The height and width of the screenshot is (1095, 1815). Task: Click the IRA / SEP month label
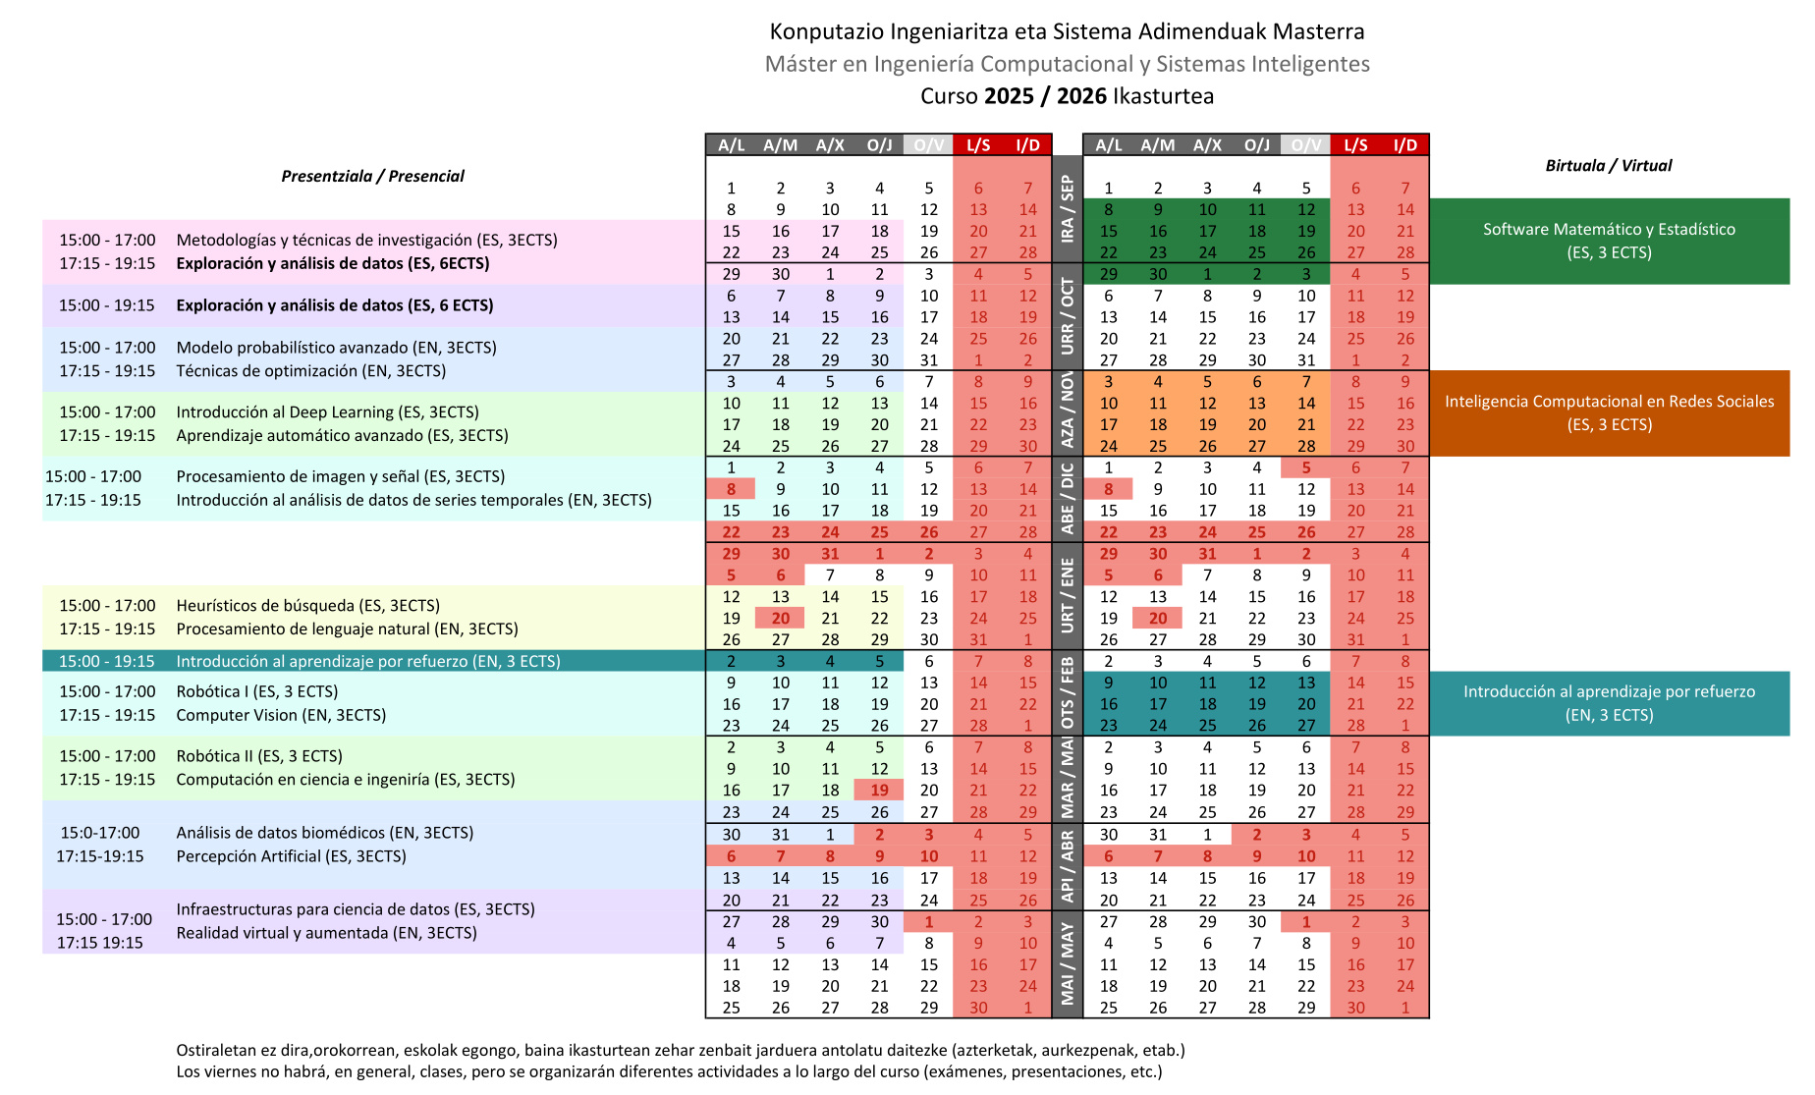[1067, 209]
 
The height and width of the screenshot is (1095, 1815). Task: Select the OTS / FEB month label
[1067, 693]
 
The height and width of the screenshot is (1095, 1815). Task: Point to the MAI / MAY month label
[1067, 963]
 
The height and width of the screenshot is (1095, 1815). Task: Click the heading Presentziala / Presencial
[372, 177]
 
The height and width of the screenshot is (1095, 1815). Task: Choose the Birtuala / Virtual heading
[1608, 166]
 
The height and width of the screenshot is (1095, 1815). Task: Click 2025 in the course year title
[1009, 96]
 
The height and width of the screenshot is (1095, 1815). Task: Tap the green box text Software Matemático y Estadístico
[1608, 230]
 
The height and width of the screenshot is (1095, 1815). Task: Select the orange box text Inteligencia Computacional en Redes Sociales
[1609, 402]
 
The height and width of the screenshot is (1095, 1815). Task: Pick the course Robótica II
[212, 756]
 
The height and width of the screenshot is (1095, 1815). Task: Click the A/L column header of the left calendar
[731, 145]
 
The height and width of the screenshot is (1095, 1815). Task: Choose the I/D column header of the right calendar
[1404, 145]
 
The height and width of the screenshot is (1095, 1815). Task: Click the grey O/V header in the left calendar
[928, 145]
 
